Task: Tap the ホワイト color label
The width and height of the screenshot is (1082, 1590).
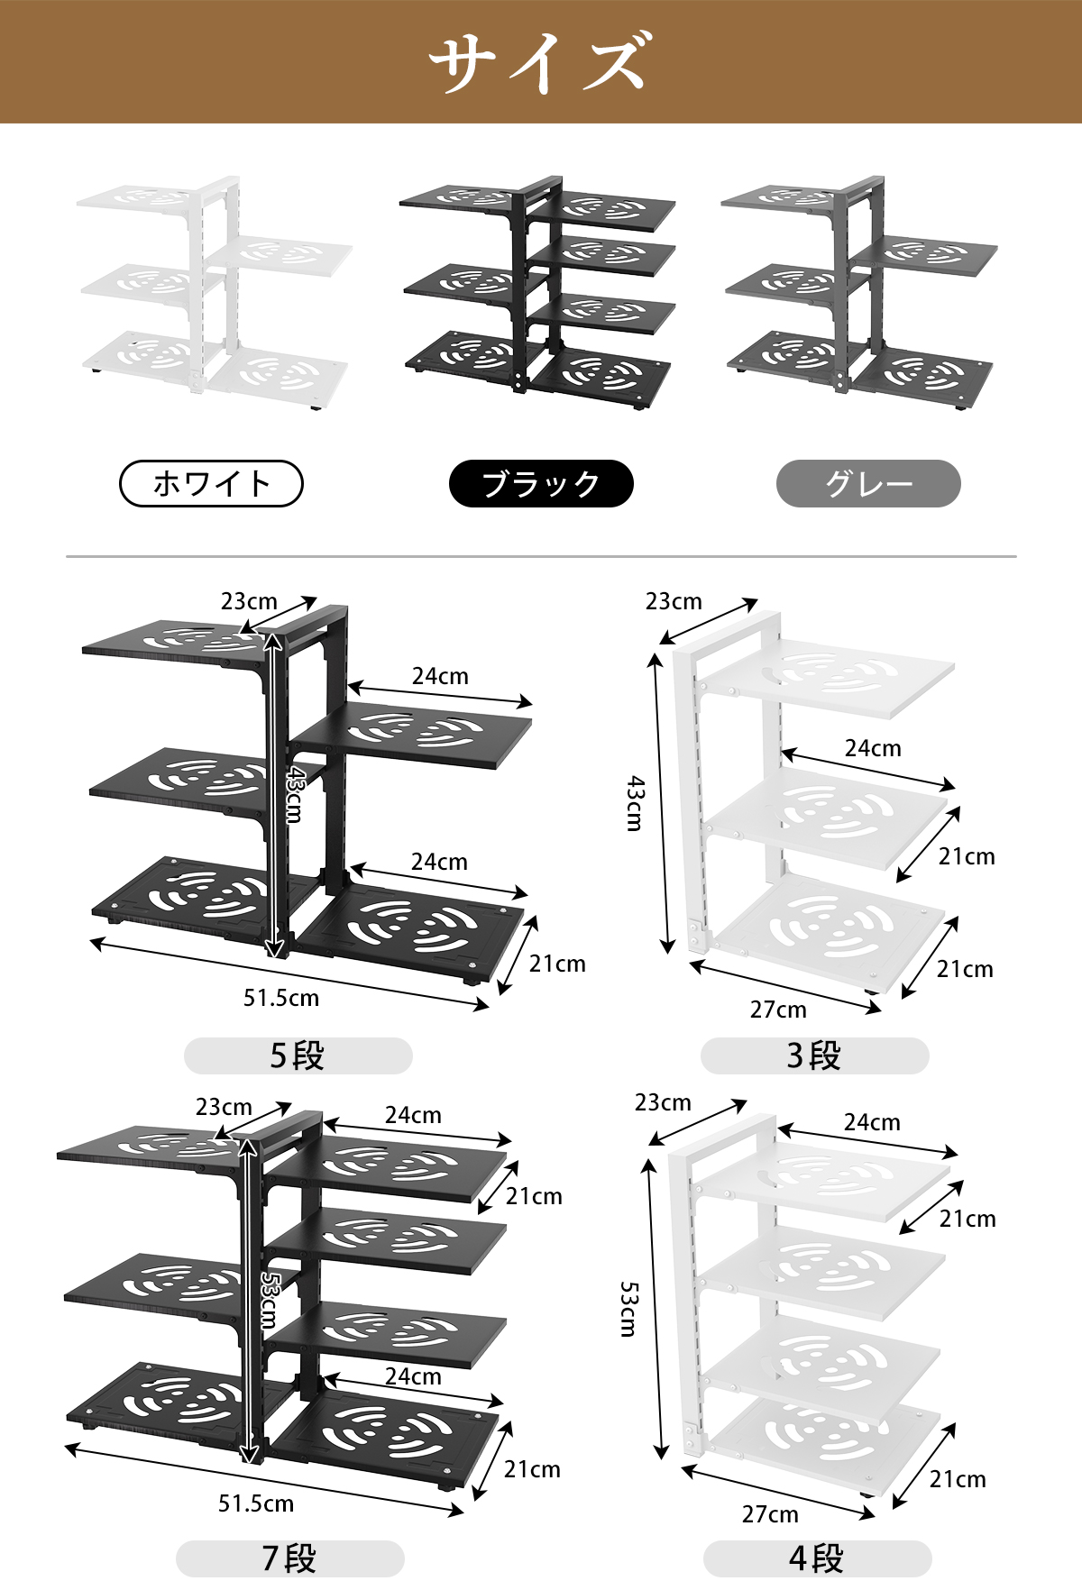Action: tap(211, 484)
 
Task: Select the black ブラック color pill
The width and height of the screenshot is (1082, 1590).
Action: tap(541, 484)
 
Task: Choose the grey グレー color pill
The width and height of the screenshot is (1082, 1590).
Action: tap(868, 484)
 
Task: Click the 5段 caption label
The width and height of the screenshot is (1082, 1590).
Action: tap(298, 1055)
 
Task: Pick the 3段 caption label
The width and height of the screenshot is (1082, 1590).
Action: tap(814, 1055)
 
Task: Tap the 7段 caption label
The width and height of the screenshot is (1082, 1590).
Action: tap(289, 1558)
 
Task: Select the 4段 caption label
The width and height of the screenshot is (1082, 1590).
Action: tap(817, 1558)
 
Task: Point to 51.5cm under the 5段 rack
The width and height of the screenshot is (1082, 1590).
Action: tap(281, 998)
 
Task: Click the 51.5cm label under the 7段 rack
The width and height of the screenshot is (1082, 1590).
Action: tap(256, 1503)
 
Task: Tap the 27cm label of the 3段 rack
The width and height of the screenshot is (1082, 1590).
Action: tap(778, 1010)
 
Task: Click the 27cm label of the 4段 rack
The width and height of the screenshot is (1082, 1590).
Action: tap(770, 1514)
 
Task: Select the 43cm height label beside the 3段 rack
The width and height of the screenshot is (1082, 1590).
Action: tap(636, 802)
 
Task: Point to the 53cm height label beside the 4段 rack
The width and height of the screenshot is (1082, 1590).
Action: tap(628, 1309)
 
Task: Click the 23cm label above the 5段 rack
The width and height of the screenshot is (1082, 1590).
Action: tap(249, 601)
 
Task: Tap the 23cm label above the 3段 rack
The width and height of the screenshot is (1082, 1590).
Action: tap(674, 601)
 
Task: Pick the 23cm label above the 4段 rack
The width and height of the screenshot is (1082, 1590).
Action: tap(663, 1102)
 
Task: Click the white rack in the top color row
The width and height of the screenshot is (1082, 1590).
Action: tap(215, 288)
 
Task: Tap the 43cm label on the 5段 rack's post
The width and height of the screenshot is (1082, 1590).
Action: tap(294, 793)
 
